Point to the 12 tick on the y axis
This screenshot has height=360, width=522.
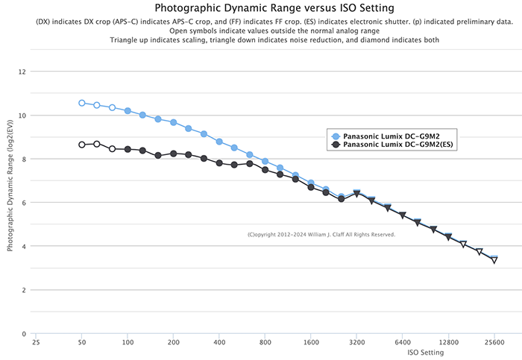pyautogui.click(x=22, y=72)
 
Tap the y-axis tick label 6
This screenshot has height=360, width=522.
pyautogui.click(x=24, y=203)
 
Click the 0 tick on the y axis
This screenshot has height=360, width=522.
pyautogui.click(x=24, y=334)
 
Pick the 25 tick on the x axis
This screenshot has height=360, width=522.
pyautogui.click(x=36, y=344)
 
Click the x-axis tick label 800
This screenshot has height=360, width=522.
pyautogui.click(x=265, y=344)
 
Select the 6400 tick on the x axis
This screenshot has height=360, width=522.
pyautogui.click(x=403, y=344)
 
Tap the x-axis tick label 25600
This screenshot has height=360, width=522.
pyautogui.click(x=494, y=344)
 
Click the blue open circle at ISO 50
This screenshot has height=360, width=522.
pyautogui.click(x=82, y=103)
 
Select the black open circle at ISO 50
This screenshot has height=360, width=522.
pyautogui.click(x=82, y=145)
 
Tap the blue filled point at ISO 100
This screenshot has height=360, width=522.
pyautogui.click(x=128, y=111)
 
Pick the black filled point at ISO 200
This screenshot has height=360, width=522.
pyautogui.click(x=174, y=154)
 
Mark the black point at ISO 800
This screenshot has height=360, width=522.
pyautogui.click(x=265, y=170)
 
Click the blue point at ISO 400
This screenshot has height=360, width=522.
pyautogui.click(x=219, y=142)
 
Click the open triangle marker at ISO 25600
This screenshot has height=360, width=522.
pyautogui.click(x=494, y=260)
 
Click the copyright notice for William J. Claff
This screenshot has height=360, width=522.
pyautogui.click(x=321, y=235)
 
